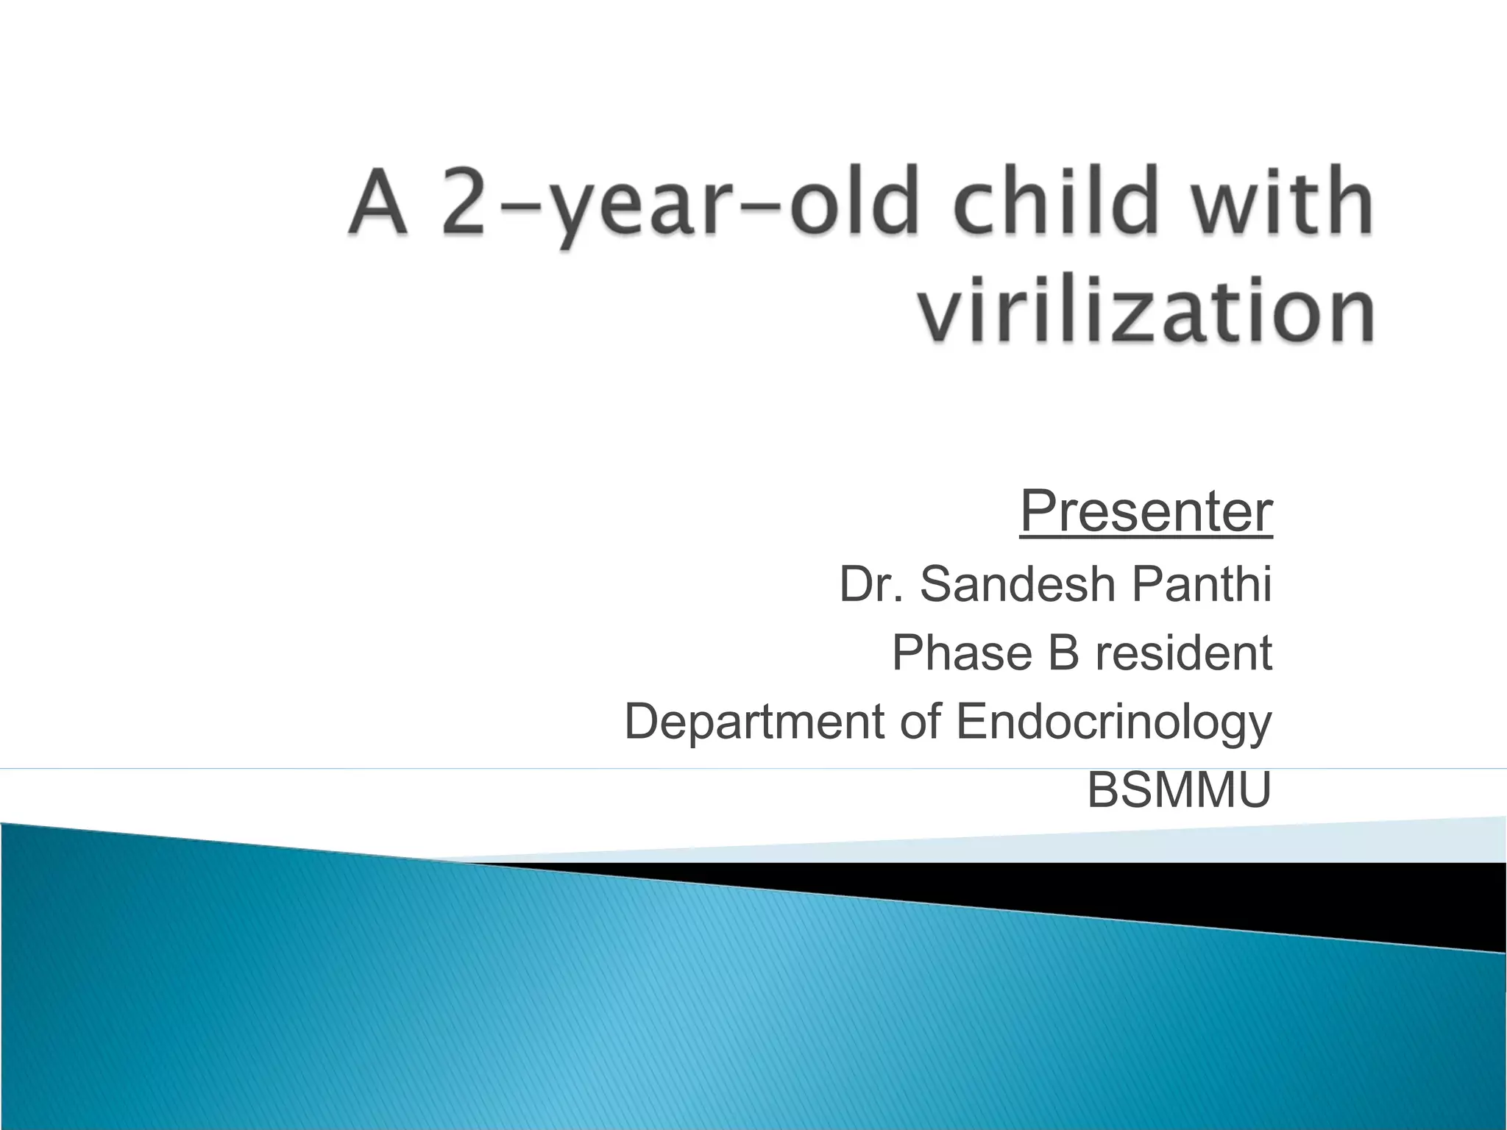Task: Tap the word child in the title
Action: point(1057,200)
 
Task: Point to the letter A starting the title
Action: point(378,200)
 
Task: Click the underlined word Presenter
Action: point(1146,511)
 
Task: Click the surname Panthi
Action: point(1202,584)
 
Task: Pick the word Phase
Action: point(962,653)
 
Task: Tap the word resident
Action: point(1183,653)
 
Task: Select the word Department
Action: point(754,722)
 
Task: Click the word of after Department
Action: point(920,722)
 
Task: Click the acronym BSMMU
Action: point(1179,790)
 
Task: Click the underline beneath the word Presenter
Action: point(1146,539)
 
